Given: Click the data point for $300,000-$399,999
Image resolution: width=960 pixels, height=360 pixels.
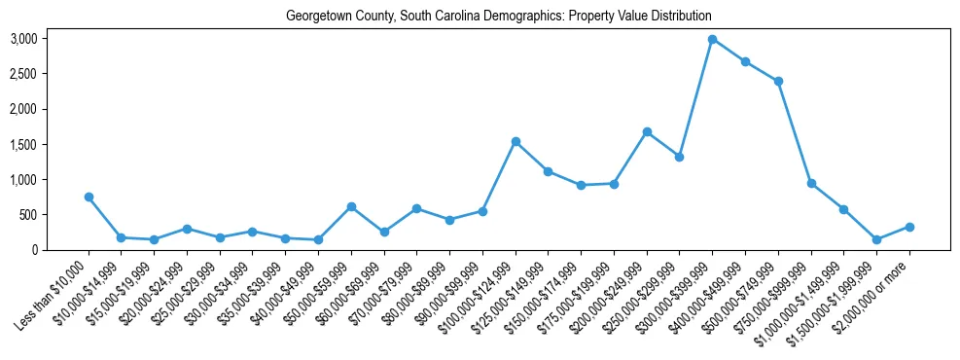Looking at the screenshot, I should click(712, 39).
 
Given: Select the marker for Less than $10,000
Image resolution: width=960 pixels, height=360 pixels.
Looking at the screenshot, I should click(89, 197).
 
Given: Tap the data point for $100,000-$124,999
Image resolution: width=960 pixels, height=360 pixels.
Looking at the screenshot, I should click(516, 142).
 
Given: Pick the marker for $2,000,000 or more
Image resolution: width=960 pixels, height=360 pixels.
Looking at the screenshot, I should click(909, 227).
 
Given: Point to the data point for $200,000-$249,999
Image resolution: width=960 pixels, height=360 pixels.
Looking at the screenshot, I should click(647, 131).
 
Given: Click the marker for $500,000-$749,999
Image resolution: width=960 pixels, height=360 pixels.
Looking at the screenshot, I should click(778, 81).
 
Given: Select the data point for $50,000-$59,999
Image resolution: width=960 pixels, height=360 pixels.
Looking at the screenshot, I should click(351, 206).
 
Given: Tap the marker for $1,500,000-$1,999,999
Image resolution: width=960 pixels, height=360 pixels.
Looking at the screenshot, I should click(876, 239).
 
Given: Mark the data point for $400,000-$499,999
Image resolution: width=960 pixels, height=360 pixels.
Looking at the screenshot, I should click(745, 61).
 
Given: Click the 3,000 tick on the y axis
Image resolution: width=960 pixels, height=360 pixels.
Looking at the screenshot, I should click(23, 39).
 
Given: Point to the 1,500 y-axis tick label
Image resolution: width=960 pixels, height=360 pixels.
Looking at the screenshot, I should click(23, 144).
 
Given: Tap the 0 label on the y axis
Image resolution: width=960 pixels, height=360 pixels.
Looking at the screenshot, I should click(36, 250).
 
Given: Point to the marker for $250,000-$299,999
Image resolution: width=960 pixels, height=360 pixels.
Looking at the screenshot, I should click(679, 157).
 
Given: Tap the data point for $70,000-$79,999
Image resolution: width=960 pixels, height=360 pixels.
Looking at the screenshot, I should click(416, 208).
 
